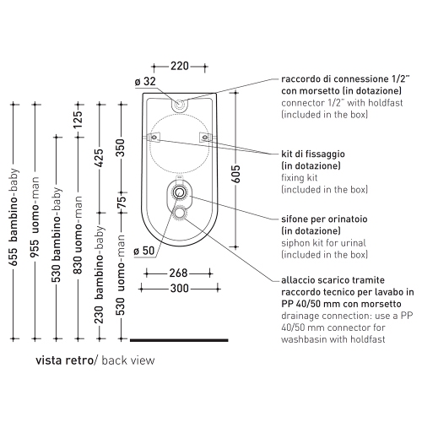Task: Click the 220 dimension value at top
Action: [180, 66]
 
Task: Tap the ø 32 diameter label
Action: [145, 81]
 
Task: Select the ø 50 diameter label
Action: [144, 251]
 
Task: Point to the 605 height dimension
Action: [236, 174]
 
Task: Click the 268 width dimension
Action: [178, 273]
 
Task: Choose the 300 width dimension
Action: [179, 289]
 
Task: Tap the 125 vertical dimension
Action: [78, 119]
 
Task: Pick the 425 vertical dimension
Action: [100, 158]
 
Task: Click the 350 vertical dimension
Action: [121, 148]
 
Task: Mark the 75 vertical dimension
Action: [122, 203]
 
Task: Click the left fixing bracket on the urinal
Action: [154, 138]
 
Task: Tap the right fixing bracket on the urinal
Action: [205, 138]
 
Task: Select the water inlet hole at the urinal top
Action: [179, 105]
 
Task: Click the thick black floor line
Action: [179, 340]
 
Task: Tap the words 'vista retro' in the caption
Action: [64, 360]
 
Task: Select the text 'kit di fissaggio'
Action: [313, 154]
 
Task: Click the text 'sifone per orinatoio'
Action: [324, 219]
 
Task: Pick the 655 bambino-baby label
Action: [14, 217]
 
